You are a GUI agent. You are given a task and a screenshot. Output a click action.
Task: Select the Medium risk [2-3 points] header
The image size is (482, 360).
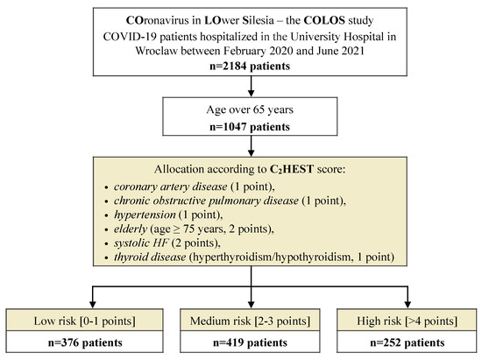[x=252, y=314]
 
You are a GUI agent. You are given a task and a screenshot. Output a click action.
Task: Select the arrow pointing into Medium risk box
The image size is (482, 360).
[x=252, y=295]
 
